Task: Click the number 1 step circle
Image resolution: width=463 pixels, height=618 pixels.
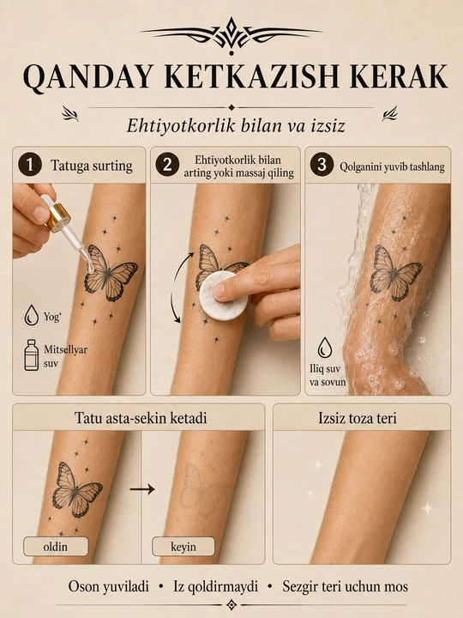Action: (29, 165)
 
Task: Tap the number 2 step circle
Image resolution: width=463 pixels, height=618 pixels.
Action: (167, 165)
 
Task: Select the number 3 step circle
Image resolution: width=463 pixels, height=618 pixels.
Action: (322, 165)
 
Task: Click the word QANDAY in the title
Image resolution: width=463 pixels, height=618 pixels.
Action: (87, 76)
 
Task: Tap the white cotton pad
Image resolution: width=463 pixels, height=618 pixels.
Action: (223, 295)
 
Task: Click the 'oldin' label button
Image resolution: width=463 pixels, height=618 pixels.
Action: (56, 547)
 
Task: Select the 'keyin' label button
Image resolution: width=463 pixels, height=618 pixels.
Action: (183, 547)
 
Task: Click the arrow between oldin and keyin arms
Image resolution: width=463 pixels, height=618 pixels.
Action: (142, 489)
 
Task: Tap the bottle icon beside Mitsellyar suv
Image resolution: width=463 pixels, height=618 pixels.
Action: (32, 354)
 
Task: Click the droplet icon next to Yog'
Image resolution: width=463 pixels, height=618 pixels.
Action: (31, 315)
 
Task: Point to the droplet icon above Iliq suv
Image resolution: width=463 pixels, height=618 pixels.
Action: (324, 348)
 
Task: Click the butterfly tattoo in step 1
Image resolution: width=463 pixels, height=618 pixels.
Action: (110, 274)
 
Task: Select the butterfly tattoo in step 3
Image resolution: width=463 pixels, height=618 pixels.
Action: (395, 273)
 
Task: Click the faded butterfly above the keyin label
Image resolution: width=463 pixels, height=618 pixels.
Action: (201, 489)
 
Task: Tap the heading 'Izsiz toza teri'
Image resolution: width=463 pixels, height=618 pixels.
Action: (357, 418)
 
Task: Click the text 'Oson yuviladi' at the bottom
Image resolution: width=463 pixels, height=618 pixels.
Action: (109, 586)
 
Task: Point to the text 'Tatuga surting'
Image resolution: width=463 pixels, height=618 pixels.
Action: (92, 166)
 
